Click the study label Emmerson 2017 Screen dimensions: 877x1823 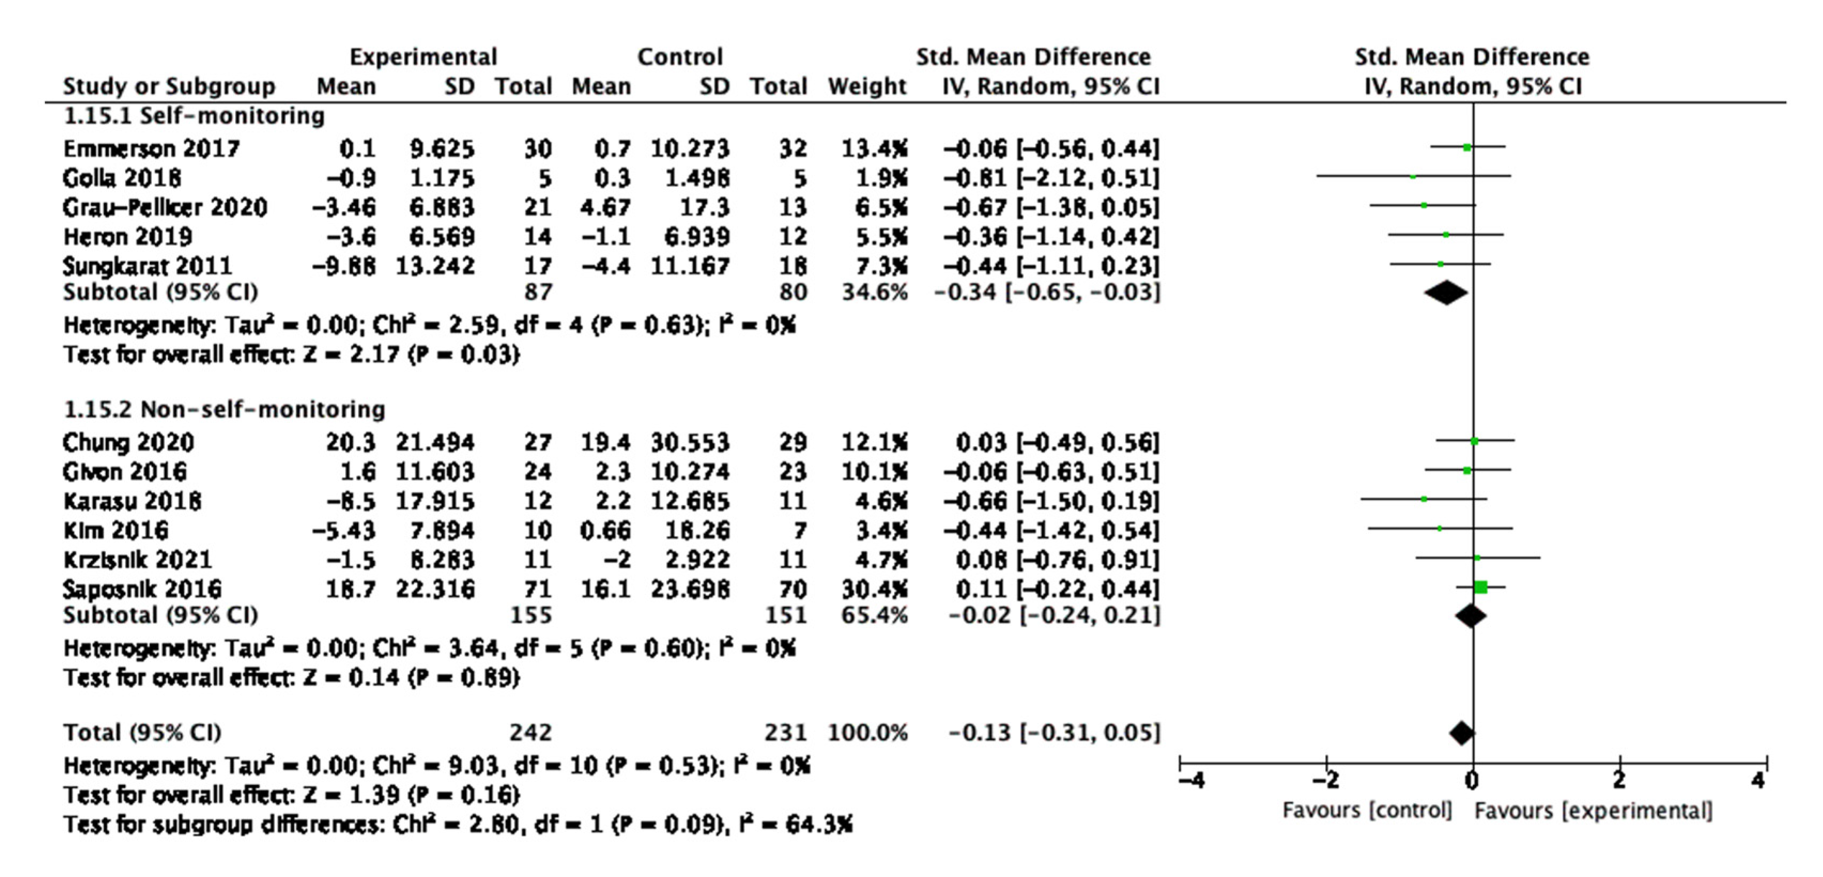point(151,148)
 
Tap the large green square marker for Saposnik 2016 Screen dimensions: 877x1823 point(1480,587)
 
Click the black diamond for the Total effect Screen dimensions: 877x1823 point(1462,733)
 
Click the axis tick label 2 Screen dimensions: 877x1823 point(1619,781)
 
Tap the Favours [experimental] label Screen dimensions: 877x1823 point(1594,811)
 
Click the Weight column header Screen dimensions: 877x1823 point(867,87)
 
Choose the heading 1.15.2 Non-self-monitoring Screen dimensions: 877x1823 point(225,410)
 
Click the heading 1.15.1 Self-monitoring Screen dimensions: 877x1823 point(194,115)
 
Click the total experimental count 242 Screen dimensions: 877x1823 point(531,732)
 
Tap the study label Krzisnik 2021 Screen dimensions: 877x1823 point(137,559)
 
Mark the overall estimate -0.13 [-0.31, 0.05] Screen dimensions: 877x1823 point(1054,732)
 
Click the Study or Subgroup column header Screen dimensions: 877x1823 point(168,87)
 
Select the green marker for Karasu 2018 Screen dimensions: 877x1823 point(1424,499)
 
